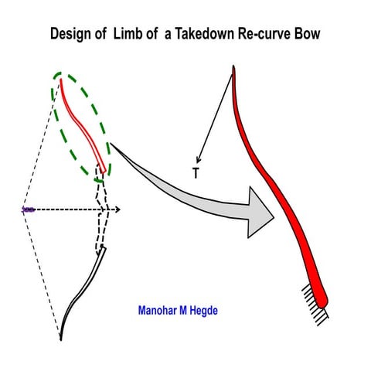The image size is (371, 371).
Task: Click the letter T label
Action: (196, 174)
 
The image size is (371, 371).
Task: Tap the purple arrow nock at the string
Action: (28, 209)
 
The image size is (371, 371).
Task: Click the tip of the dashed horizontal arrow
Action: (118, 209)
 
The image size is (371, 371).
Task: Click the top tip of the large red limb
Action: (233, 68)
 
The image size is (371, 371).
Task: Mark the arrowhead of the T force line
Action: (199, 160)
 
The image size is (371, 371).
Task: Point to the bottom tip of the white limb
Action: (62, 338)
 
